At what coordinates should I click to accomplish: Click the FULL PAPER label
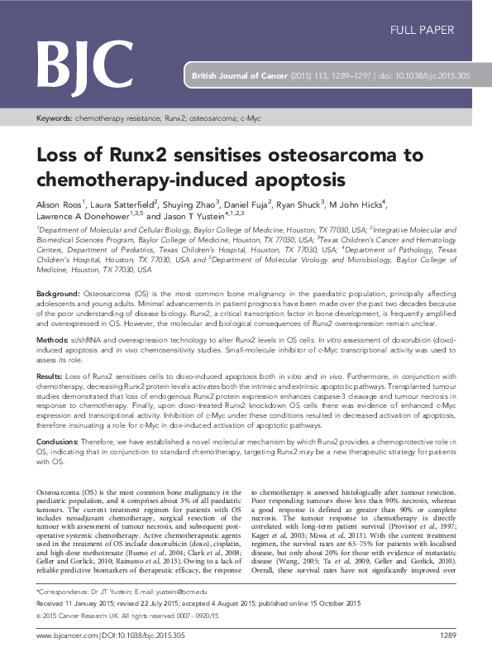(x=422, y=31)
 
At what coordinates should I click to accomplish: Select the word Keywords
(x=54, y=119)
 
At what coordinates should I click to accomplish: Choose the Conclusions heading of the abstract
(x=58, y=442)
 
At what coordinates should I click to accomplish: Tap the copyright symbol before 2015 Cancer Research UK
(x=39, y=616)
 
